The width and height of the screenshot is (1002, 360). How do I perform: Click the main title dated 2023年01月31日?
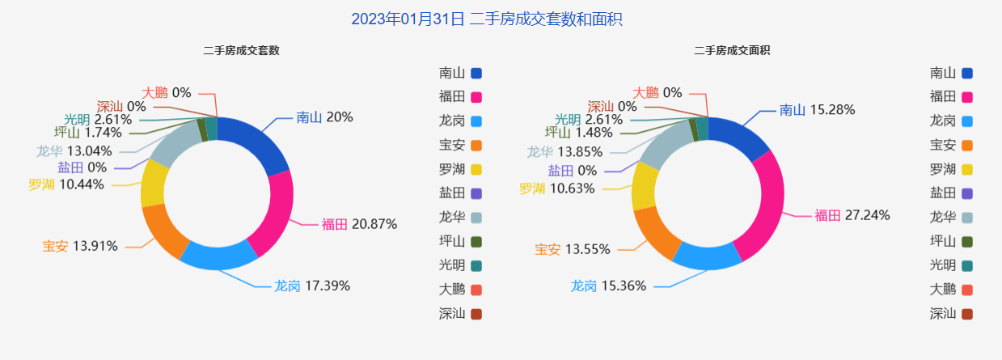coord(486,19)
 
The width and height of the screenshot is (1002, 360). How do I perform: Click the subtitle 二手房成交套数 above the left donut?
coord(242,50)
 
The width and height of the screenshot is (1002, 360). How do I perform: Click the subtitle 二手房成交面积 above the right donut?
coord(732,50)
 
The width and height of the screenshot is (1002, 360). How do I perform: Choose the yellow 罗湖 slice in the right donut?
coord(644,185)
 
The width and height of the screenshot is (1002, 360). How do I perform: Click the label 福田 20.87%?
coord(359,224)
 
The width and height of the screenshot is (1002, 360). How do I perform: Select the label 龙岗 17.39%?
coord(312,286)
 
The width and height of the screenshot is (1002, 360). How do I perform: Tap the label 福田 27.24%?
coord(852,215)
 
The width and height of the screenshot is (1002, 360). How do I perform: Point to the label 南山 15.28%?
coord(817,110)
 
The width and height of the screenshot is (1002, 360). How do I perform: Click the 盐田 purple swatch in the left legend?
coord(476,193)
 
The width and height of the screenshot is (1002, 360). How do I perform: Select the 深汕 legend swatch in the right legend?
coord(966,314)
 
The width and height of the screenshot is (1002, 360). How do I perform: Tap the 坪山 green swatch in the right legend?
coord(966,241)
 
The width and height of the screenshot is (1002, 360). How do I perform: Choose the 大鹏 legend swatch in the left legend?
coord(476,290)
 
